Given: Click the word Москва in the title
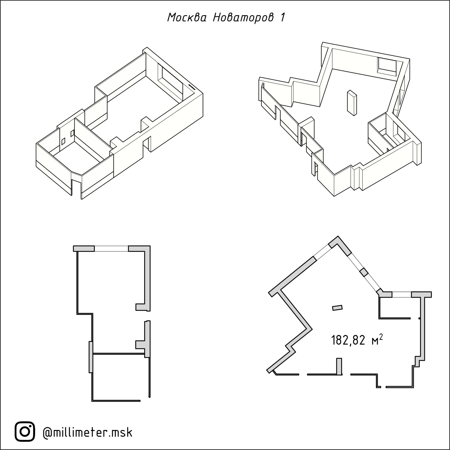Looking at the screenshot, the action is pos(187,18).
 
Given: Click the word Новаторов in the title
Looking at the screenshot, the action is pos(243,18).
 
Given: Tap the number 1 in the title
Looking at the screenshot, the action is pos(283,18).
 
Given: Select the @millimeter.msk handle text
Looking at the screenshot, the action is pos(87,432).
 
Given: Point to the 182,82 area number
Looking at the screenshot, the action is pos(348,340).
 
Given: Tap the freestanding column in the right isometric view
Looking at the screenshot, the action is pos(352,103).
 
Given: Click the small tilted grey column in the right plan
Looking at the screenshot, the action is pos(337,308).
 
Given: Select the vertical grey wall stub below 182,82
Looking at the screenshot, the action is pos(339,366).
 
